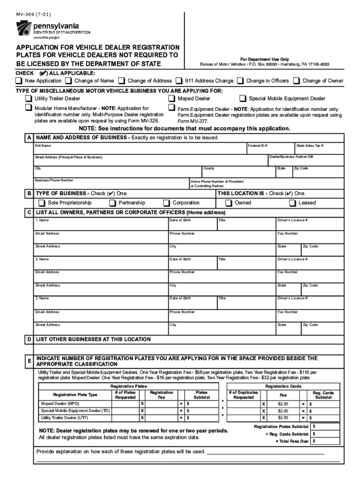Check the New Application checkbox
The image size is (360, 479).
19,81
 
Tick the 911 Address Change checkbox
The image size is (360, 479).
179,81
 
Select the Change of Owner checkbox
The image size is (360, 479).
296,81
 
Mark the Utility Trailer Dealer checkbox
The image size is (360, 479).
29,99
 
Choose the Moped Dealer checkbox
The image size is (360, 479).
172,99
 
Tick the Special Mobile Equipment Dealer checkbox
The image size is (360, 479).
243,99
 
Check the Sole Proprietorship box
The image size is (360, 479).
42,203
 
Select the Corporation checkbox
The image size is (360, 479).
166,203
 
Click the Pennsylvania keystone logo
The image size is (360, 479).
24,29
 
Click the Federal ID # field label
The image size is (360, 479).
258,146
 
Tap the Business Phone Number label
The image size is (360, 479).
54,180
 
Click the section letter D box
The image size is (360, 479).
29,339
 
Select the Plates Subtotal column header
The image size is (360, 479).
202,395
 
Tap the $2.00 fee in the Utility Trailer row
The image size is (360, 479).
283,418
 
